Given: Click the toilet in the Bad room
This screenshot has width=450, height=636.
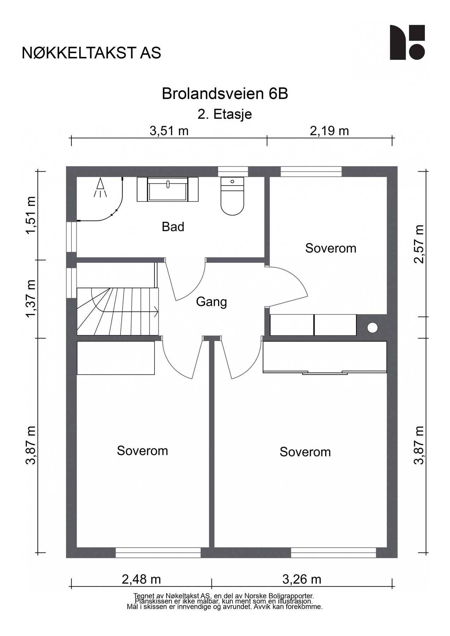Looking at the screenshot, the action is pos(232,196).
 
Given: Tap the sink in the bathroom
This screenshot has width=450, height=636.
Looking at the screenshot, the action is pos(168,189).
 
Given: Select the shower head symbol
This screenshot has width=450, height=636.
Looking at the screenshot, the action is pos(100,187).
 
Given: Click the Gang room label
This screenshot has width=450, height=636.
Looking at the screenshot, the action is pos(211,302).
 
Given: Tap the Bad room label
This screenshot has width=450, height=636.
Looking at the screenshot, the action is pos(173,227).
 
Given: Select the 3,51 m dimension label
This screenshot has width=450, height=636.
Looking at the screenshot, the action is pos(169,131).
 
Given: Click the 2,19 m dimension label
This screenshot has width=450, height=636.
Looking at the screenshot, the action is pos(329,131).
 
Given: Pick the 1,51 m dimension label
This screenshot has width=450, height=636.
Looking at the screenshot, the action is pos(31,215).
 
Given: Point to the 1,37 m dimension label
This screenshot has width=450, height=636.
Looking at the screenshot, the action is pos(31,299).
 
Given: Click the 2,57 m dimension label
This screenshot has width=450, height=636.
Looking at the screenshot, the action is pos(419,244).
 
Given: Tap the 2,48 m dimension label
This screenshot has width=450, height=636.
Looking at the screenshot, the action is pos(141,579).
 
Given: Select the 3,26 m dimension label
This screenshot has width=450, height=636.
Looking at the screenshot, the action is pos(302,579).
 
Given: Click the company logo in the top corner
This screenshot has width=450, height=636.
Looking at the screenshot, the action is pos(407,42).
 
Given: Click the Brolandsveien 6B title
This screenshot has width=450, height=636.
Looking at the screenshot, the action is pos(225,94).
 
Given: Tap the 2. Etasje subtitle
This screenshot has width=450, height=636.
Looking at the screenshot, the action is pos(225,114).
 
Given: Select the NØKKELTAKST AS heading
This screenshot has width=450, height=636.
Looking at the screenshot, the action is pos(91,53).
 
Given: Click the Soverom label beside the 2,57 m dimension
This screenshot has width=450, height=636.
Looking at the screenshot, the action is pos(331,248).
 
